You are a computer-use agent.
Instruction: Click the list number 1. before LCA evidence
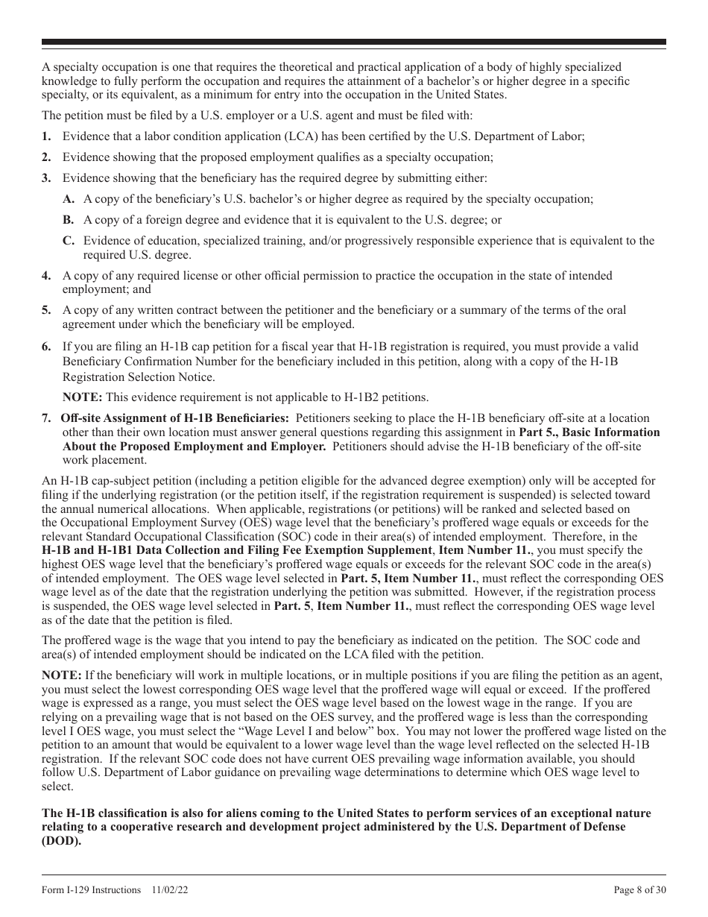pos(46,136)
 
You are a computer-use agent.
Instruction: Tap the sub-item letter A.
pos(69,199)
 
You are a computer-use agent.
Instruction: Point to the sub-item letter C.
pos(69,241)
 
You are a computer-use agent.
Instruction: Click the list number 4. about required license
pos(46,276)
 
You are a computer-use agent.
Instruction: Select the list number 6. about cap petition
pos(46,347)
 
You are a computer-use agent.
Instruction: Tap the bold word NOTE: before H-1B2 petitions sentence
pos(82,397)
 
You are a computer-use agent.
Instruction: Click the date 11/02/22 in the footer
pos(171,890)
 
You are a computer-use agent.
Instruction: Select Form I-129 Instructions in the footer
pos(92,890)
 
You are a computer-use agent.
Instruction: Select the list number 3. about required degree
pos(46,178)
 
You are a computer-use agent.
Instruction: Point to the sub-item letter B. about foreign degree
pos(69,220)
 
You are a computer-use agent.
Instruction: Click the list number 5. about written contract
pos(46,310)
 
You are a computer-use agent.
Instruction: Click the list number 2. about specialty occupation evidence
pos(46,157)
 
